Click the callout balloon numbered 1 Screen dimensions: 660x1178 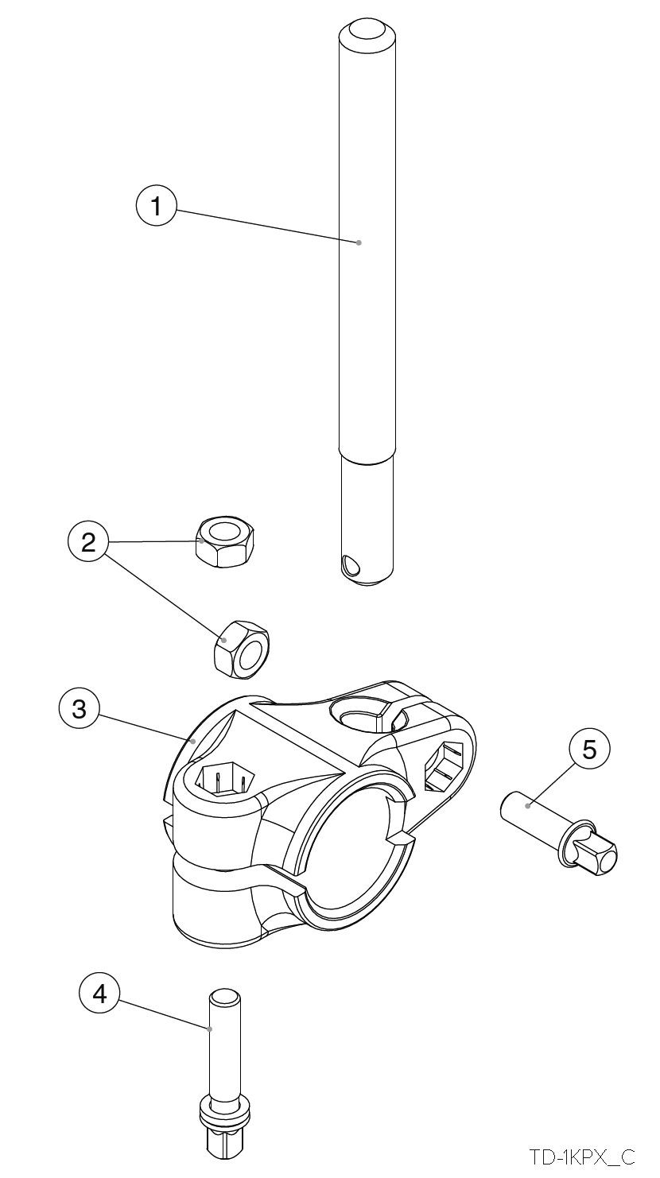point(156,205)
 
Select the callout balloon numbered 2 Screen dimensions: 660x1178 point(88,541)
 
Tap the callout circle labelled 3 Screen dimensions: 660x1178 point(79,709)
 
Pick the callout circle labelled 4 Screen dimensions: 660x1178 point(99,994)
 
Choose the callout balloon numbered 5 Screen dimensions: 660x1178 point(589,749)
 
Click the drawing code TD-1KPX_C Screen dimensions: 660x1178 point(582,1157)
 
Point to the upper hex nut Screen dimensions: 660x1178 point(224,541)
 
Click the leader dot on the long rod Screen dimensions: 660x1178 point(359,242)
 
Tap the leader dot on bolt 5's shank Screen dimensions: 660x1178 point(527,806)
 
